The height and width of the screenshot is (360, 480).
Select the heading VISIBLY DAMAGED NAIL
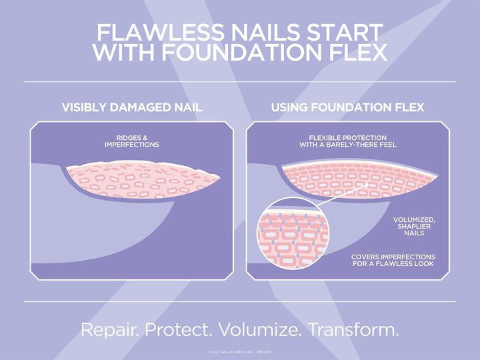132,107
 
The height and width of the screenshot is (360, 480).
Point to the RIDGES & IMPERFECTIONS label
132,141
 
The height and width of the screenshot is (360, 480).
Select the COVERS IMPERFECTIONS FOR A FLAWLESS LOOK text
393,260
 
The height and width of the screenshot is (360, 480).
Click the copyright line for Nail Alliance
240,351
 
